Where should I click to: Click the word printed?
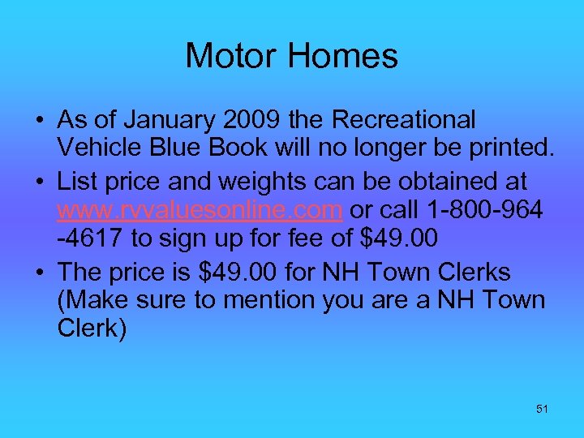pos(507,149)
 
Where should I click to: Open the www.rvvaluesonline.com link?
pos(200,210)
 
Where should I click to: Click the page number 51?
pos(542,409)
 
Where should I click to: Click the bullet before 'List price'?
pos(39,182)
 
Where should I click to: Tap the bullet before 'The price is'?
pos(39,272)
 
